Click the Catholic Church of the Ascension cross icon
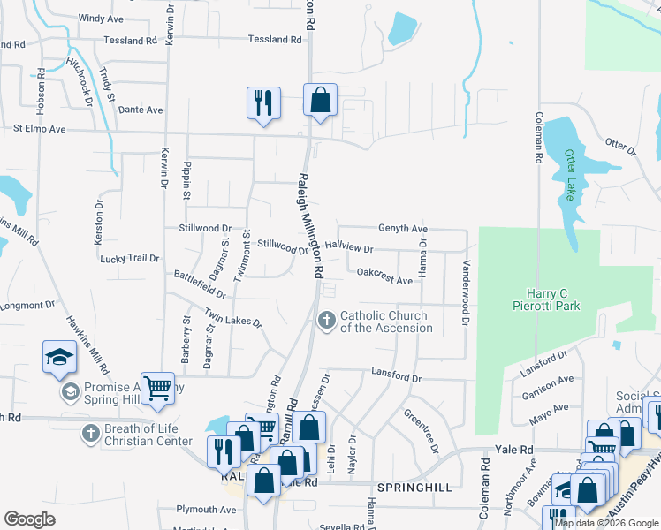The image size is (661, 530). tap(327, 321)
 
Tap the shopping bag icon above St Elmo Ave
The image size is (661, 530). tap(320, 101)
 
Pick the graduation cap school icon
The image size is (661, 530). tap(59, 357)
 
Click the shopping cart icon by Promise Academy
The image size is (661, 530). tap(157, 389)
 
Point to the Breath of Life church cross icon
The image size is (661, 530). tap(89, 434)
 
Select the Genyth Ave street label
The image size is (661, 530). tap(403, 228)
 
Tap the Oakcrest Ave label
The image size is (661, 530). tap(384, 280)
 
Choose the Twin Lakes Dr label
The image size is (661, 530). tap(233, 318)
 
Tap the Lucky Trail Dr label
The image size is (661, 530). tap(130, 259)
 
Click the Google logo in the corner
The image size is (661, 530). tap(30, 519)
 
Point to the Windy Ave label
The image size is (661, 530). tap(102, 18)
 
